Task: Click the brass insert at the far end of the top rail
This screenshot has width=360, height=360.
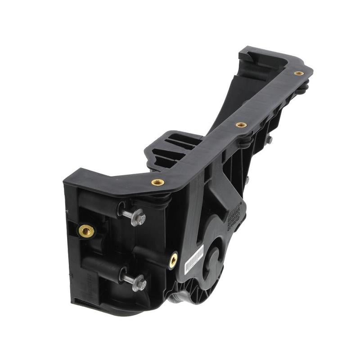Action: pyautogui.click(x=299, y=73)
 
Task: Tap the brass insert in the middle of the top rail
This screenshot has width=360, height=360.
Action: pyautogui.click(x=241, y=125)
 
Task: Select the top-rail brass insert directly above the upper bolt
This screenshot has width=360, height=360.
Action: pyautogui.click(x=157, y=182)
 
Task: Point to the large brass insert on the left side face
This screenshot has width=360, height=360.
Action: pyautogui.click(x=86, y=231)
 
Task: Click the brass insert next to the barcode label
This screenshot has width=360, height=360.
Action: pyautogui.click(x=173, y=260)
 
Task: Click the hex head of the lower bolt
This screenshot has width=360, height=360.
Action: pyautogui.click(x=139, y=283)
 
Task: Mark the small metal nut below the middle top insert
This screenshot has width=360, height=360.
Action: pyautogui.click(x=269, y=140)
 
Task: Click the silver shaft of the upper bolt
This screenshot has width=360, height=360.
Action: pyautogui.click(x=128, y=213)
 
